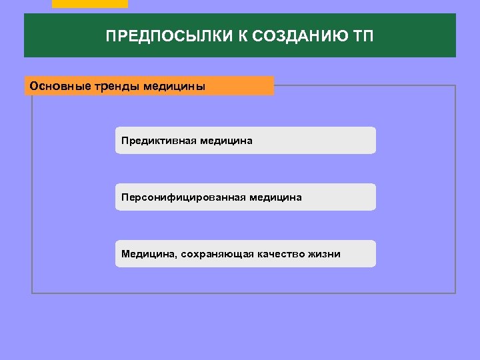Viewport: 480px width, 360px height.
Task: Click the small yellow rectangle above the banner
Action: pos(89,4)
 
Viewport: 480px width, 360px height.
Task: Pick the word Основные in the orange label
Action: pos(54,87)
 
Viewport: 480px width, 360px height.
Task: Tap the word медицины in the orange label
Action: pos(175,87)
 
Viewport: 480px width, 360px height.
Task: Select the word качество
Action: pos(276,254)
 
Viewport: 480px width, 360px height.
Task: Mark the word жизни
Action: pos(324,254)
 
